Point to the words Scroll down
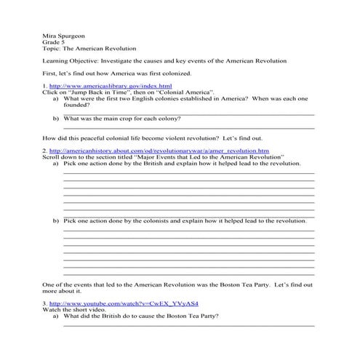click(x=60, y=156)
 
